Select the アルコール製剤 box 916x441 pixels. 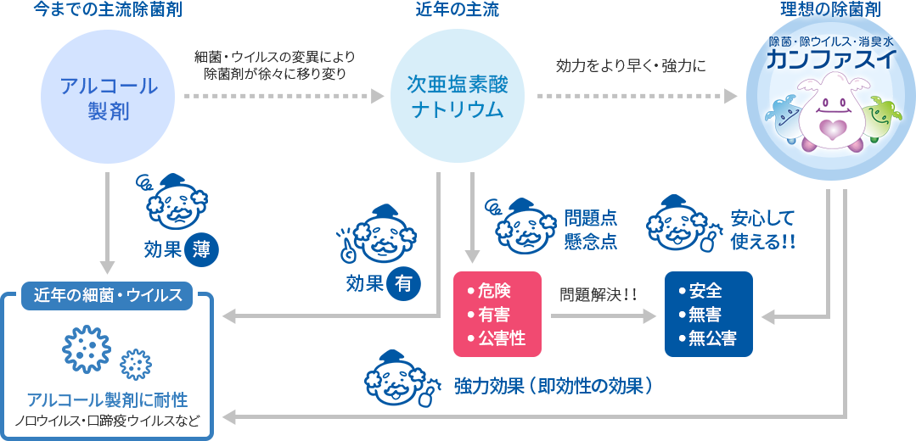109,98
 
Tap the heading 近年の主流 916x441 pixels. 457,10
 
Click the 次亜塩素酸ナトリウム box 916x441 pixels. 457,98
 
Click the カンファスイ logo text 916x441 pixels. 829,59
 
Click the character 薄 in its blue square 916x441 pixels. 201,249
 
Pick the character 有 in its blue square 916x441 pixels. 403,283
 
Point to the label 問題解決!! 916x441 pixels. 597,295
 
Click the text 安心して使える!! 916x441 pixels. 762,230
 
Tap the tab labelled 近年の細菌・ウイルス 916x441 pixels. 108,295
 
